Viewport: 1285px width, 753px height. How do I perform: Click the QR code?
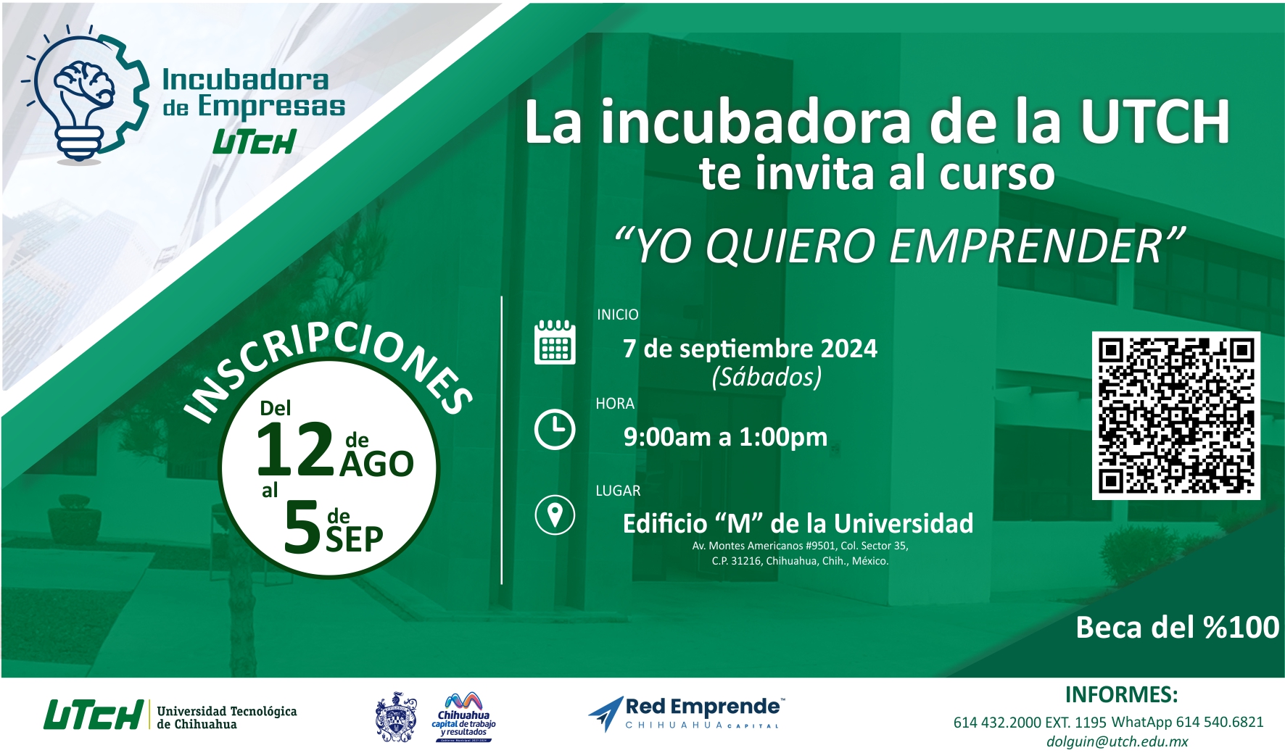(x=1175, y=415)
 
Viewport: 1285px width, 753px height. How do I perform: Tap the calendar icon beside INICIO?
(x=555, y=341)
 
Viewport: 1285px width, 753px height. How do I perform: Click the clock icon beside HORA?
(x=555, y=429)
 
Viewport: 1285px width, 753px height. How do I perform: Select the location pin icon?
(x=555, y=515)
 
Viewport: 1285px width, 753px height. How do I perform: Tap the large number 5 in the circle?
(x=302, y=528)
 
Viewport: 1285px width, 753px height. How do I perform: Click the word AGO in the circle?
(x=377, y=465)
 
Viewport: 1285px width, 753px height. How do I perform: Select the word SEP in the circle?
(x=355, y=539)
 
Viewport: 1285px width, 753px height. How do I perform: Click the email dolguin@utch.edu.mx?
(x=1117, y=741)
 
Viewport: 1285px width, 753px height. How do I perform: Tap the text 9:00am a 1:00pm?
(x=725, y=437)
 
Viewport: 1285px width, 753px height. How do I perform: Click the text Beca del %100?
(x=1178, y=628)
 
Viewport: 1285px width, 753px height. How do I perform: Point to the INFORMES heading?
(x=1121, y=694)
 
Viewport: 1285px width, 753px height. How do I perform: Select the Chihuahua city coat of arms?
(x=396, y=717)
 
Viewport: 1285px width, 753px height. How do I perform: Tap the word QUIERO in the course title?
(x=792, y=246)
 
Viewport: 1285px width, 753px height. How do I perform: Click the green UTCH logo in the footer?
(x=93, y=715)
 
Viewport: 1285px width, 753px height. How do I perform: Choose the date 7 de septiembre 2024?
(x=750, y=349)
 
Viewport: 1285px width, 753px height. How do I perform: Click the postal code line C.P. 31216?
(x=800, y=561)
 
